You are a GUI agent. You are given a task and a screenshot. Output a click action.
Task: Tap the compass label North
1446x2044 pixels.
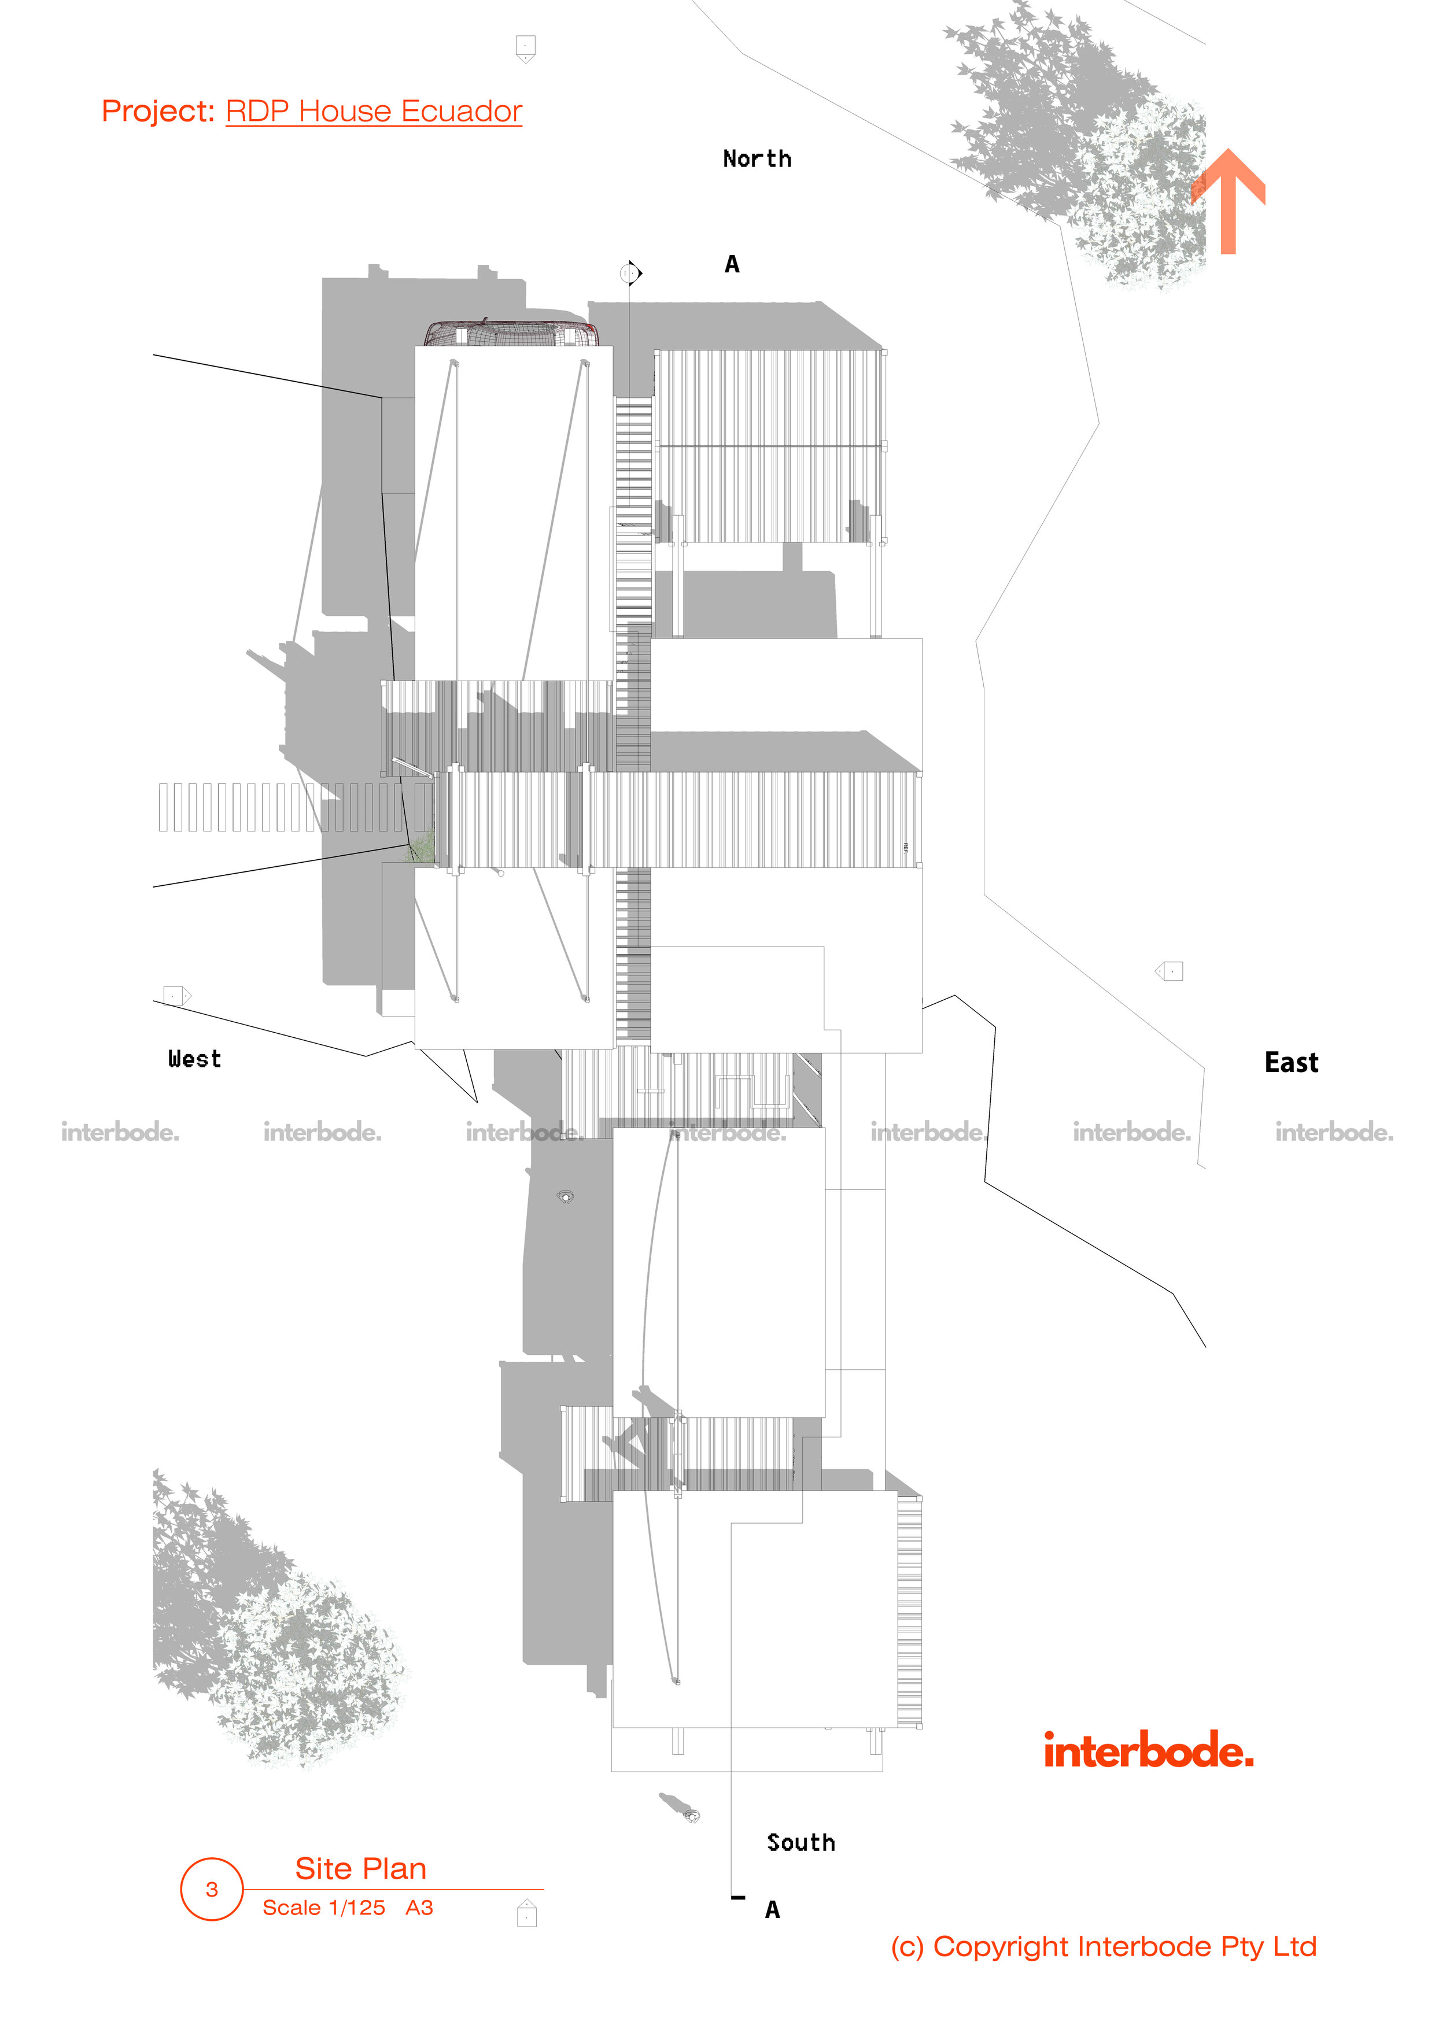pyautogui.click(x=757, y=160)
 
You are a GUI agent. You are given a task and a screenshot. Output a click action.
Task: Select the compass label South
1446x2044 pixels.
pyautogui.click(x=801, y=1842)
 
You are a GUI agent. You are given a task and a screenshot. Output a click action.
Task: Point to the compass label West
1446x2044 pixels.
pyautogui.click(x=194, y=1059)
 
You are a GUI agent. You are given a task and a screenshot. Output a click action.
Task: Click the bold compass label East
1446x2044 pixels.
pyautogui.click(x=1291, y=1062)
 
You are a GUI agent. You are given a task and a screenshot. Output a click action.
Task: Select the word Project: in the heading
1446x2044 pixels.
pyautogui.click(x=157, y=111)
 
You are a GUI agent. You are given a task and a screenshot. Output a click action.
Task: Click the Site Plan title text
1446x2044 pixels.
pyautogui.click(x=360, y=1868)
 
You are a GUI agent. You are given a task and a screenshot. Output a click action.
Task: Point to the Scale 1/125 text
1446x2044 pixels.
pyautogui.click(x=323, y=1907)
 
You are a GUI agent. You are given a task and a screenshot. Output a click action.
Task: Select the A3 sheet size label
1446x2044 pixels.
pyautogui.click(x=419, y=1907)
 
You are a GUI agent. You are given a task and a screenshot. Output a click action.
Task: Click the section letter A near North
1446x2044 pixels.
pyautogui.click(x=732, y=264)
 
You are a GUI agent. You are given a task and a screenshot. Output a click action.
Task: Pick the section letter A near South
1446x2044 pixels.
pyautogui.click(x=772, y=1910)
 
